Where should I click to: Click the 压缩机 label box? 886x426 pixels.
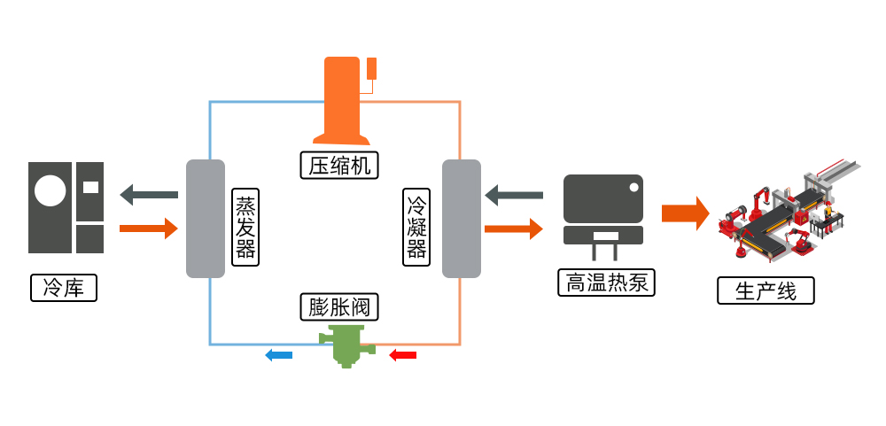(339, 165)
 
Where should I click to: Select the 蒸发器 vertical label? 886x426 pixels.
(245, 227)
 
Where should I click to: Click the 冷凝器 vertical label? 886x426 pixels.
(416, 227)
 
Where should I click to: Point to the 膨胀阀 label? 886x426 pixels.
(339, 307)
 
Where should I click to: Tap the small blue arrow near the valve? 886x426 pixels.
(279, 355)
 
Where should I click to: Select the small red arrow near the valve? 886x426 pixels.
(403, 355)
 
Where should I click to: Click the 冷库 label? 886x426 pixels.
(63, 288)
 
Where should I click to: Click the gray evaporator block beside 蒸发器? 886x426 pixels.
(206, 219)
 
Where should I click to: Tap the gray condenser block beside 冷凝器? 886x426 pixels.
(461, 219)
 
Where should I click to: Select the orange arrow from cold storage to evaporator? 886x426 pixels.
(149, 228)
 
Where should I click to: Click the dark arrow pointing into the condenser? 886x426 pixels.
(514, 194)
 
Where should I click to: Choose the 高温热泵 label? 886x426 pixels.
(607, 282)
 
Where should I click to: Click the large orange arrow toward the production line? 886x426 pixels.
(685, 213)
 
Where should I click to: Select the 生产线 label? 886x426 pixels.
(766, 291)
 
